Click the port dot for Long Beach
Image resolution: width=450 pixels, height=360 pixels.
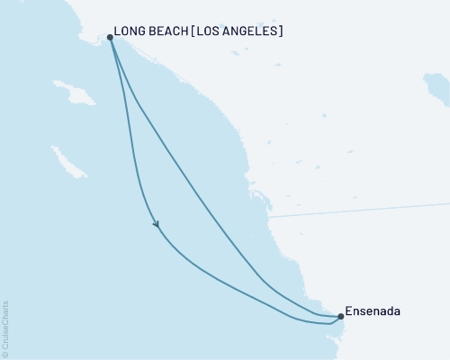click(110, 37)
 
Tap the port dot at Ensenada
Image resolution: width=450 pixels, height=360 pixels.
click(340, 316)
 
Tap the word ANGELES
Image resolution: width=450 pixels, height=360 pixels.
click(256, 31)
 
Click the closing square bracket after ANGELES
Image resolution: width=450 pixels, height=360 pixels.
click(282, 31)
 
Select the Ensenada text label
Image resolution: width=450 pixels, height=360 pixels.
click(373, 311)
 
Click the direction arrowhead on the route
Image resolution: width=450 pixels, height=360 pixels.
click(157, 224)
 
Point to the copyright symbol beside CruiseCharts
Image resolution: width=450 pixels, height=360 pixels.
click(6, 353)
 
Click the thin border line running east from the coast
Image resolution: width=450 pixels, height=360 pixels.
click(360, 210)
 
